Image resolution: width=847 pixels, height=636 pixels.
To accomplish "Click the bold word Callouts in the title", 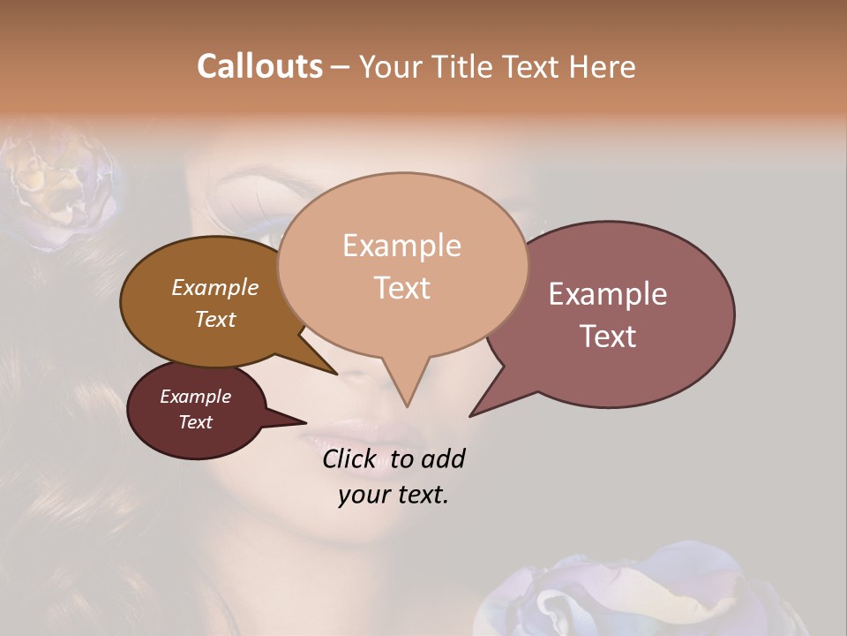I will point(259,66).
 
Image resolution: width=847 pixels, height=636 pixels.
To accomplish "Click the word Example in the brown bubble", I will point(214,288).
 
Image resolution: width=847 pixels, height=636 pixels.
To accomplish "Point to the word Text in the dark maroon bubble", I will point(195,422).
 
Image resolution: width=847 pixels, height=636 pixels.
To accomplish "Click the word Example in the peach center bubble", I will point(401,246).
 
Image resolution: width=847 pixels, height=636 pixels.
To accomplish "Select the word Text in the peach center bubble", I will point(401,288).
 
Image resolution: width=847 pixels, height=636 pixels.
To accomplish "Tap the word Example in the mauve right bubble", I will point(608,294).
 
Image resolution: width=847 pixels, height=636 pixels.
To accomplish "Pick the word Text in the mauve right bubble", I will point(608,337).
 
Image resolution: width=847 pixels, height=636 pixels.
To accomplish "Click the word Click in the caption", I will point(350,458).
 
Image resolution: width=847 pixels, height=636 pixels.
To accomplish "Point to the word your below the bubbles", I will point(363,495).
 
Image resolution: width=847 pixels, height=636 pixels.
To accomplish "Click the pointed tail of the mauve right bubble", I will point(476,411).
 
